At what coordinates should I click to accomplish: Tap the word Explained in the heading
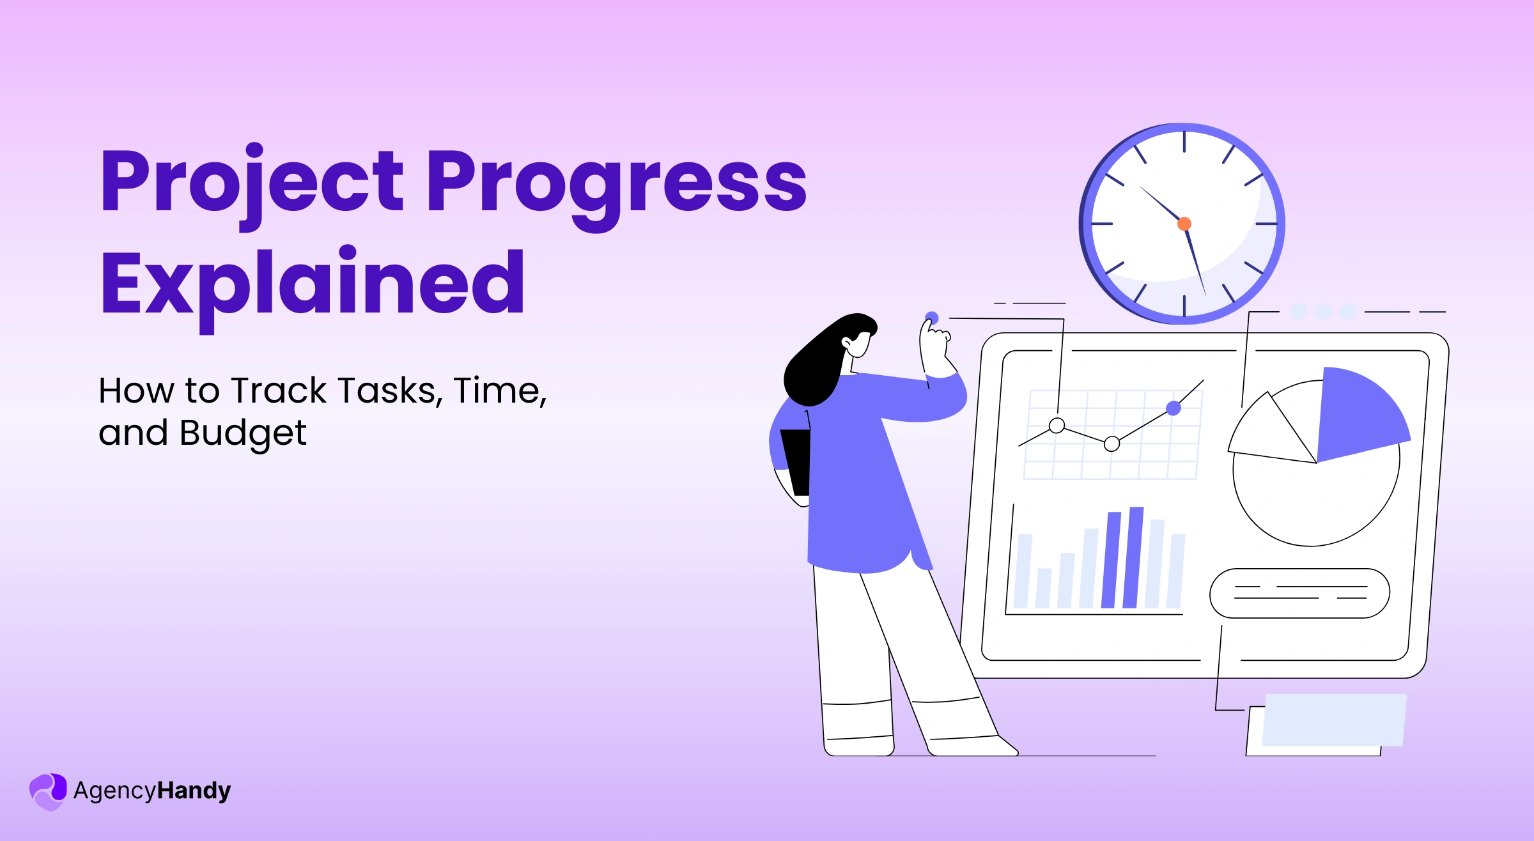point(313,283)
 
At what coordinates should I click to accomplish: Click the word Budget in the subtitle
point(243,433)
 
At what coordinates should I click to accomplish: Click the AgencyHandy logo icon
point(48,791)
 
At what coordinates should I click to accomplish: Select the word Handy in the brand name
point(194,791)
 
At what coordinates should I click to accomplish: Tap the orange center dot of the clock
point(1184,224)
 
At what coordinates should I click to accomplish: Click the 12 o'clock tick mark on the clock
point(1184,142)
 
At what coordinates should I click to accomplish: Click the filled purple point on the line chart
point(1174,408)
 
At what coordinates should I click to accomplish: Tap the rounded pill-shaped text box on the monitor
point(1299,593)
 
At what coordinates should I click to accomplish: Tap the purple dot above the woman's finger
point(932,318)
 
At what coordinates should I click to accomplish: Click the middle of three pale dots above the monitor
point(1323,312)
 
